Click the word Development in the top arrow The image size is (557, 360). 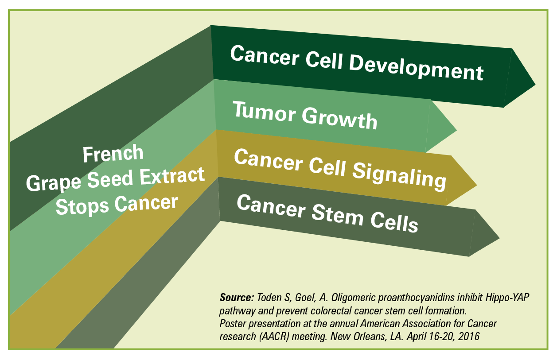(x=416, y=68)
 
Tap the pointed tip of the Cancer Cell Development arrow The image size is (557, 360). (x=535, y=85)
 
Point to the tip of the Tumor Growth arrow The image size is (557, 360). (x=456, y=130)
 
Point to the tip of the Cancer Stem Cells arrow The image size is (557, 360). (x=499, y=238)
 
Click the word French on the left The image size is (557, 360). (x=113, y=154)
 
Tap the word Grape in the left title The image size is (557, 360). (x=54, y=183)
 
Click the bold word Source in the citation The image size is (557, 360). (x=237, y=298)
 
